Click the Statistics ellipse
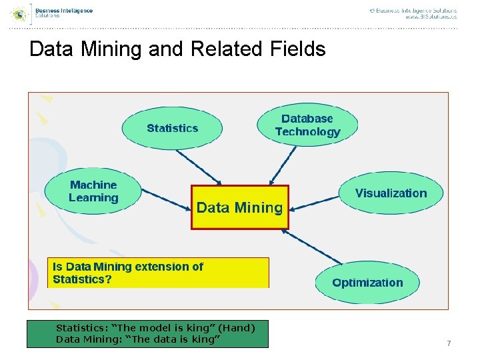point(172,128)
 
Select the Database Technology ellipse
point(307,125)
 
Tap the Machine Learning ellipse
point(93,191)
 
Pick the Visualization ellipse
point(391,193)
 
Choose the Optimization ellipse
point(367,282)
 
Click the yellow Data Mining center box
point(240,207)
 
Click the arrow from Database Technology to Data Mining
point(283,165)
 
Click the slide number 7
point(449,343)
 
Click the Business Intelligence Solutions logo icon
point(21,12)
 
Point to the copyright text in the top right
point(413,11)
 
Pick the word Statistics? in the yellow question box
point(83,279)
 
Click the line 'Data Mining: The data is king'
point(138,339)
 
